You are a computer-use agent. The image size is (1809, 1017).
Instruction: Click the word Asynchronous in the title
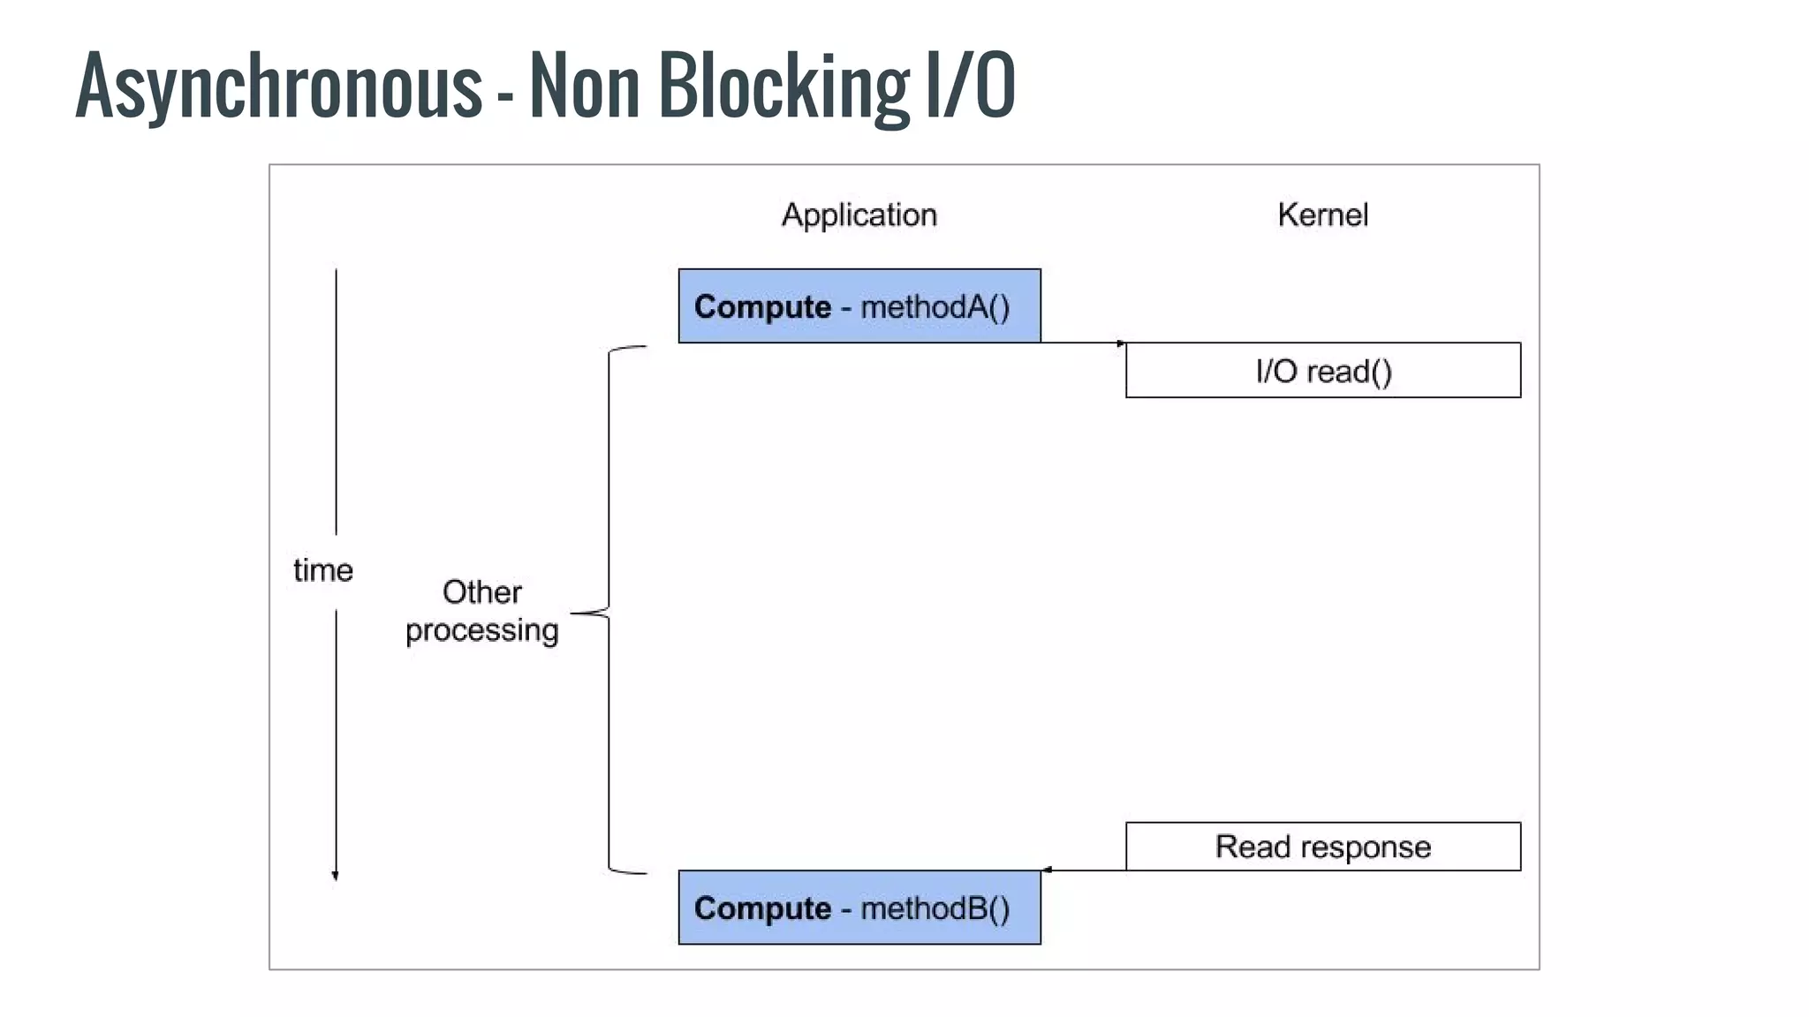278,86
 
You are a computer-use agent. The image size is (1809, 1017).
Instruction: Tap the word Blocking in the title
783,86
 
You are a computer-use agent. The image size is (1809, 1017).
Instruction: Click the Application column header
859,215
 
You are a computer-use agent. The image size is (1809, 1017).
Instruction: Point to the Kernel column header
1322,215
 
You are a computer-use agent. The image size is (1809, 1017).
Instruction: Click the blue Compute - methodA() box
859,305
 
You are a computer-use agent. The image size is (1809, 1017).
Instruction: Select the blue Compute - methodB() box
859,908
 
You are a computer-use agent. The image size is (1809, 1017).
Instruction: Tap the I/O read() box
1322,370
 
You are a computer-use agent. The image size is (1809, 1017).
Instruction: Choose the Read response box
1322,847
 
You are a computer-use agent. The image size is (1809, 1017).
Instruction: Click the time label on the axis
322,570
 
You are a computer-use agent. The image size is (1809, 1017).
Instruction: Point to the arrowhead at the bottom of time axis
335,875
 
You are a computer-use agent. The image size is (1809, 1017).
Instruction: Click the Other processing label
481,611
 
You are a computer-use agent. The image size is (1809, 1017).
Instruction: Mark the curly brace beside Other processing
609,611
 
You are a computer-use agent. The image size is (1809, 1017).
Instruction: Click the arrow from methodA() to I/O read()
1082,343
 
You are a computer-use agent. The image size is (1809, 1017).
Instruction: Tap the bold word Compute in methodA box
762,306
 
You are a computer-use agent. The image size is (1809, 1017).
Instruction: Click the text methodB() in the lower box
935,908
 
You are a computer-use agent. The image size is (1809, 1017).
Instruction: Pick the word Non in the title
584,86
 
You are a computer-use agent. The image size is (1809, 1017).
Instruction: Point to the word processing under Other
481,630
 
